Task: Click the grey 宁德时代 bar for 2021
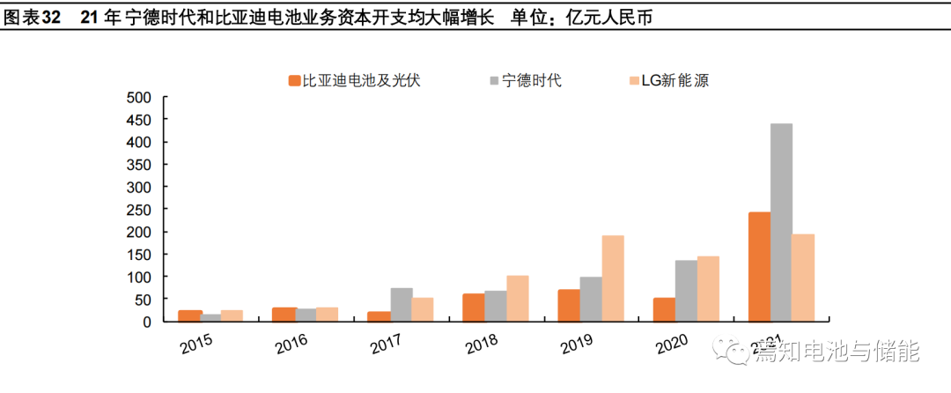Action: coord(781,223)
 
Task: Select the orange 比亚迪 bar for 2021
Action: coord(759,267)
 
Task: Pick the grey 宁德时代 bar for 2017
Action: coord(402,305)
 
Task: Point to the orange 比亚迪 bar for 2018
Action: coord(474,308)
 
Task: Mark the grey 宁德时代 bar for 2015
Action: coord(211,318)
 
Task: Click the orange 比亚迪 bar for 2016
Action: coord(284,315)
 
